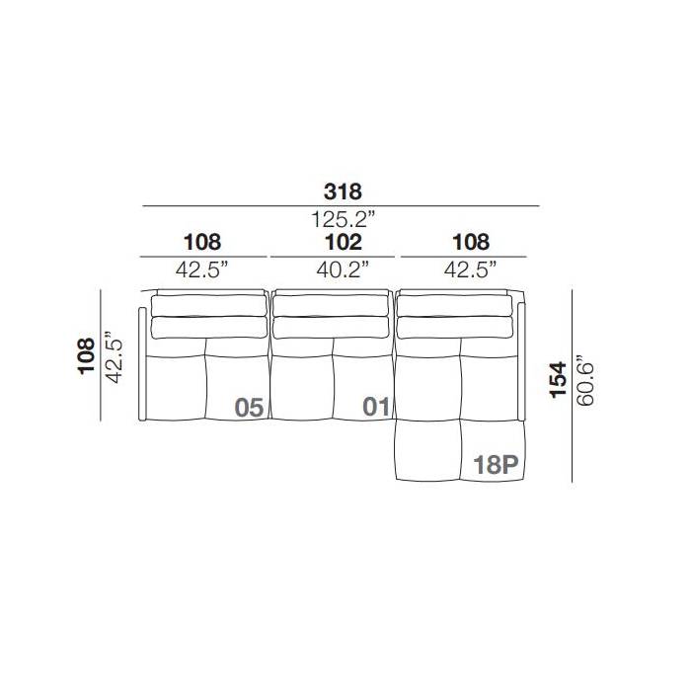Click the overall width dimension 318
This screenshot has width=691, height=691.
coord(343,192)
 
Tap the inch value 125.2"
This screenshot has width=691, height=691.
coord(344,219)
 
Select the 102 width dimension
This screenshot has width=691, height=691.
coord(344,243)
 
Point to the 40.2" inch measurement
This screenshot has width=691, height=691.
coord(343,269)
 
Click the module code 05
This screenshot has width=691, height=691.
coord(249,407)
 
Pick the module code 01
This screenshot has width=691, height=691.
coord(376,407)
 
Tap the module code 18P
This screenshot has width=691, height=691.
coord(496,465)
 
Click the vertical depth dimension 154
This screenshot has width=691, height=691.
coord(558,380)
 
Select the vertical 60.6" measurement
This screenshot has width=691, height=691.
coord(584,379)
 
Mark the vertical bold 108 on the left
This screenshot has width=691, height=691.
coord(86,356)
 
